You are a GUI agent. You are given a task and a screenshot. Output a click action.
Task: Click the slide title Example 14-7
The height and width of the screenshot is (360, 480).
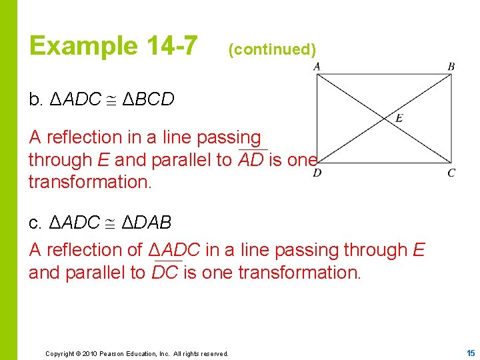(113, 46)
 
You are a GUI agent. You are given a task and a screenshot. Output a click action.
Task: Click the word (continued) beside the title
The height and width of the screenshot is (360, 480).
(271, 49)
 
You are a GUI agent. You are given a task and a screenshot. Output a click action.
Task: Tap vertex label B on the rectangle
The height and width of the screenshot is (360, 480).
(451, 66)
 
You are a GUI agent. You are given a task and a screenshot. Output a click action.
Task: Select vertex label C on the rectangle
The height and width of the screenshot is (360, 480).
(451, 173)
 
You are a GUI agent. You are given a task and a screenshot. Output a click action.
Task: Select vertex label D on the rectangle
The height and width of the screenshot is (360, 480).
(317, 173)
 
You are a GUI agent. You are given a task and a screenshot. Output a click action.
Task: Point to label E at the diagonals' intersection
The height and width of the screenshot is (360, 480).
(399, 118)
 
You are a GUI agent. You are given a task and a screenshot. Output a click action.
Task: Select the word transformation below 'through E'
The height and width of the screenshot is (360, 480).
(90, 183)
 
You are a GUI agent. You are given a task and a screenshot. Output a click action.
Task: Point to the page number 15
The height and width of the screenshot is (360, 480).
(470, 352)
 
